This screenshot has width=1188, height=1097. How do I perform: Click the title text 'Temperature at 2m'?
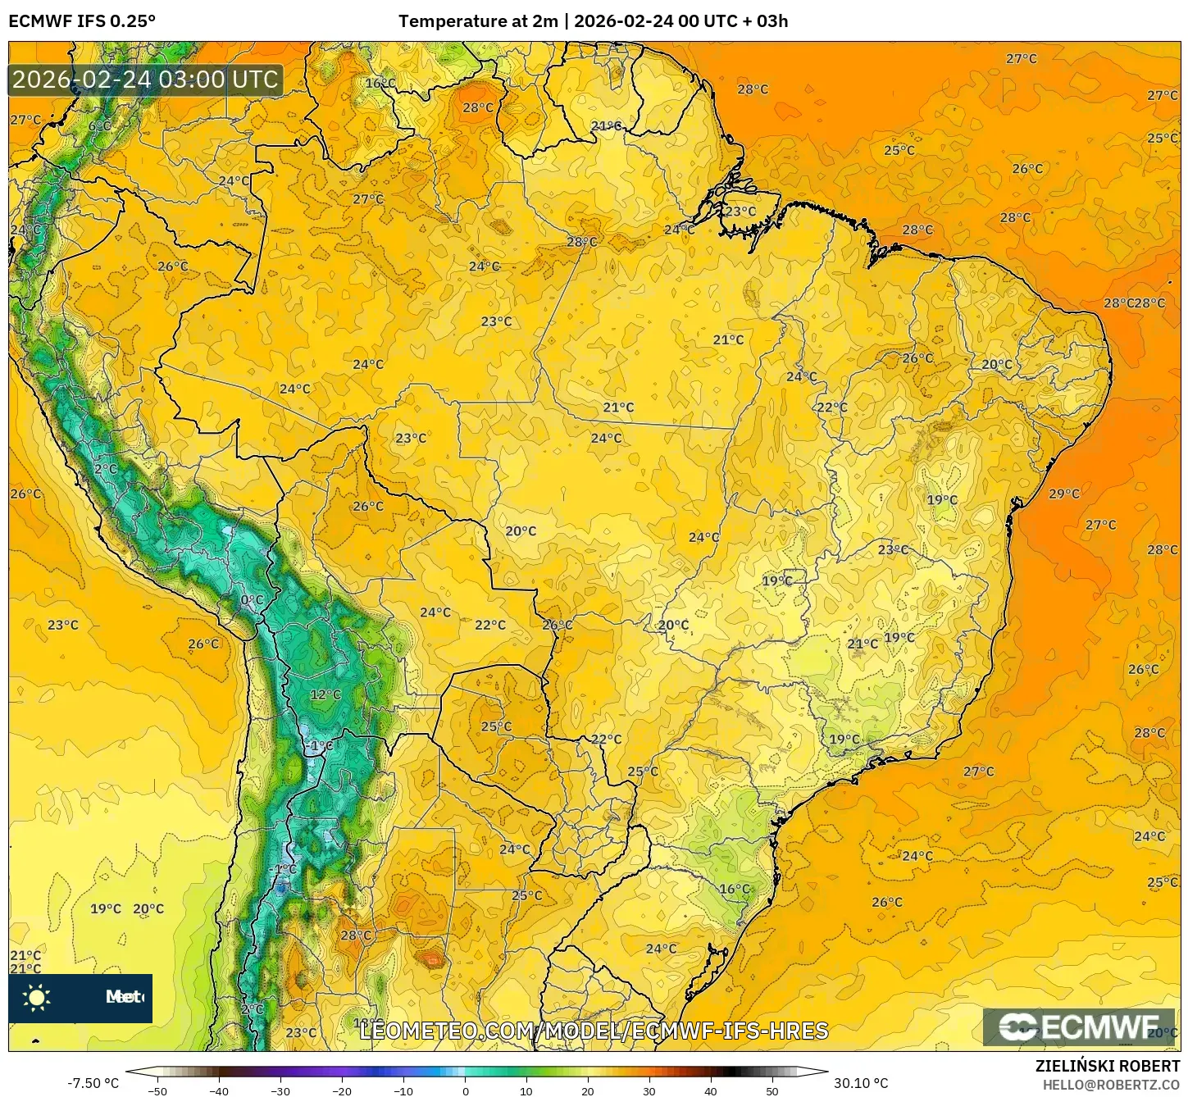point(478,21)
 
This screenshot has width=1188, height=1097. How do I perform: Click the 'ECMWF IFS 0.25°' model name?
point(82,21)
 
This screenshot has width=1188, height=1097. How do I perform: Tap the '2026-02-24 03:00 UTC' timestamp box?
point(145,80)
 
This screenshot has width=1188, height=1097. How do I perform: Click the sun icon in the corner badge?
point(37,997)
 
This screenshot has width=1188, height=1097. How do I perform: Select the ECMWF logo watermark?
point(1079,1026)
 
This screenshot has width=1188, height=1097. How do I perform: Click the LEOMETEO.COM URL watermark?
point(594,1031)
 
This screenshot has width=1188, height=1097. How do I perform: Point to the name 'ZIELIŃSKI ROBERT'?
point(1107,1066)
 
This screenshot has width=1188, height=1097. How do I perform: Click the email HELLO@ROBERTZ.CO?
point(1111,1085)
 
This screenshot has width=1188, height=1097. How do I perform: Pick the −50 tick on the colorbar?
point(157,1090)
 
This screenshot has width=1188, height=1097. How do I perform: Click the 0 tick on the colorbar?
point(465,1090)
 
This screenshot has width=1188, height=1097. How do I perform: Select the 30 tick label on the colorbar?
point(649,1090)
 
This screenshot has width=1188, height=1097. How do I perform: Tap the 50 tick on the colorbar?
point(772,1090)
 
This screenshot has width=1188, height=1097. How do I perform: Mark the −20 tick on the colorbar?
point(342,1090)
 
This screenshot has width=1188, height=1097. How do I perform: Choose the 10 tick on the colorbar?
point(526,1090)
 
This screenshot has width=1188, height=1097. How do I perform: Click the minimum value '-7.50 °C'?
point(93,1083)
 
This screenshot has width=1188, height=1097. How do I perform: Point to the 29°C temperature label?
point(1064,494)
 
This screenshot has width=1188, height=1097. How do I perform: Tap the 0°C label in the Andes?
point(252,600)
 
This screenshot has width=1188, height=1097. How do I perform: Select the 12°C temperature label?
point(325,694)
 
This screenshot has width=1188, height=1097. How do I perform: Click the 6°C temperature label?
point(99,126)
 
